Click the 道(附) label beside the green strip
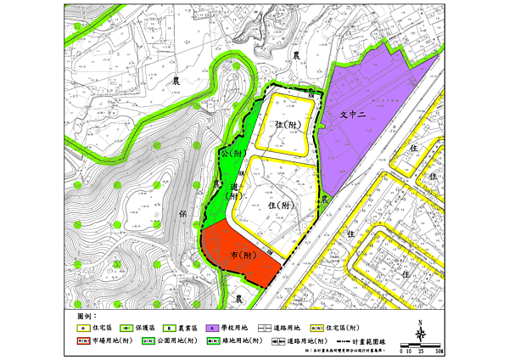(x=231, y=188)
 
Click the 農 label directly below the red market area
(x=239, y=299)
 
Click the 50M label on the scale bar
(x=439, y=350)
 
